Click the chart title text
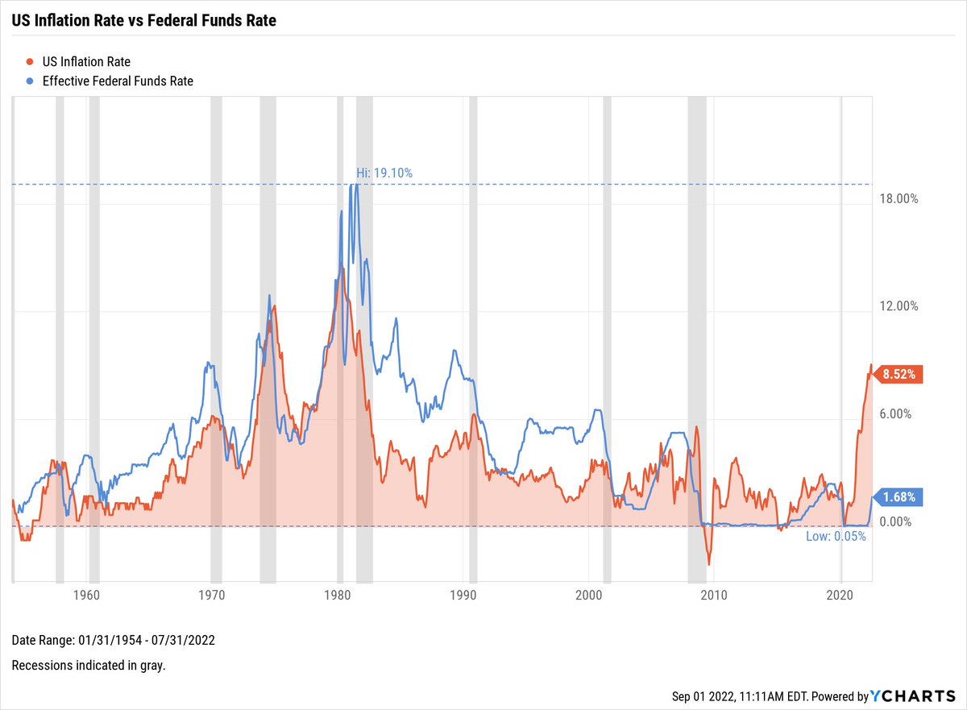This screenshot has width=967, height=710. click(x=143, y=21)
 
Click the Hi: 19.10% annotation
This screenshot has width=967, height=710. click(x=384, y=172)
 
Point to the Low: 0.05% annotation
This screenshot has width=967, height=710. click(x=836, y=537)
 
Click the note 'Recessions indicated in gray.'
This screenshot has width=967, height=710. click(x=89, y=666)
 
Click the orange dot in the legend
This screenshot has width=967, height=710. click(x=30, y=61)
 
